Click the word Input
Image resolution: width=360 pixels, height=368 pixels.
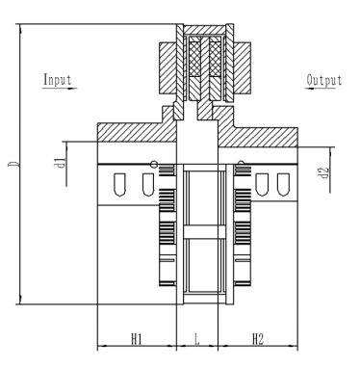click(58, 80)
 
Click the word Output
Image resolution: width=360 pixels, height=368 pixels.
click(324, 81)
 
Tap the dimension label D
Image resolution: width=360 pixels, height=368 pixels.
click(13, 164)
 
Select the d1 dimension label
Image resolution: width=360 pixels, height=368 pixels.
click(61, 163)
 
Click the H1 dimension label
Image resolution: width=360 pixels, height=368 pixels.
click(137, 339)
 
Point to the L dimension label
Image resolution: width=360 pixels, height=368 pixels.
click(196, 339)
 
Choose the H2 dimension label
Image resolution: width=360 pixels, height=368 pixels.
click(258, 339)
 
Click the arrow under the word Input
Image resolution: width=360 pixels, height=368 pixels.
click(60, 88)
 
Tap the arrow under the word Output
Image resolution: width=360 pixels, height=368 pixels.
click(321, 88)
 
